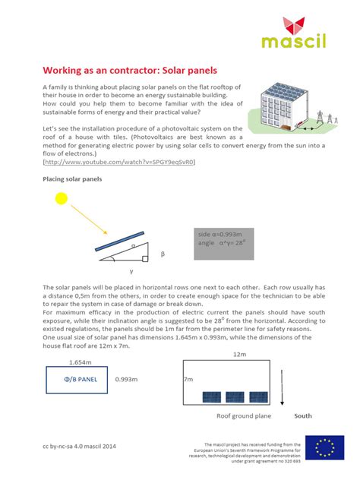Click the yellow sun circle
(60, 199)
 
